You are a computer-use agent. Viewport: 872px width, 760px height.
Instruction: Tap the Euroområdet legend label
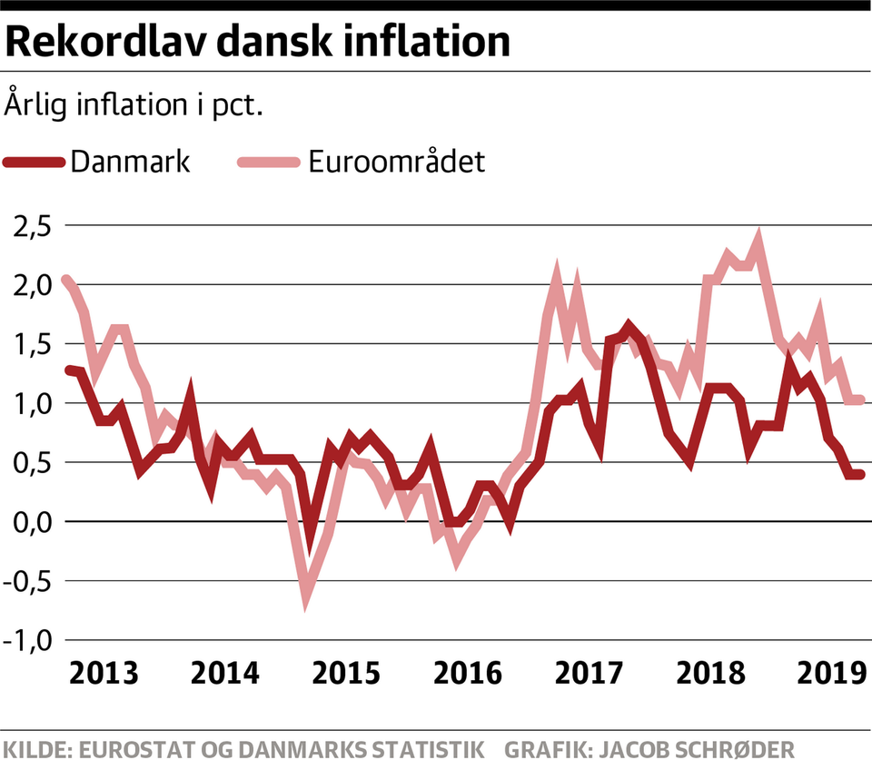click(396, 163)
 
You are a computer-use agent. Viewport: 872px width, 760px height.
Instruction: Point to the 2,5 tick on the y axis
click(34, 226)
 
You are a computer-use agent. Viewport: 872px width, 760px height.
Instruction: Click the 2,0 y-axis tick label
click(34, 285)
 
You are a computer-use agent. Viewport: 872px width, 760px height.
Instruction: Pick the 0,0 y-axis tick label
click(34, 522)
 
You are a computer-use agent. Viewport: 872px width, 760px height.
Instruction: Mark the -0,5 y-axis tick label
click(29, 581)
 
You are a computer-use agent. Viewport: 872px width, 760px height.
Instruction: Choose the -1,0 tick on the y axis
click(29, 640)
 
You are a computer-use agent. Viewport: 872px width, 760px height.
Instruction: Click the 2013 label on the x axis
click(104, 675)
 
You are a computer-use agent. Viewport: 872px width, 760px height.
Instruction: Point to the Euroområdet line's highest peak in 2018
click(758, 238)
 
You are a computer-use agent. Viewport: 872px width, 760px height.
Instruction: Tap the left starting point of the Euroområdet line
click(65, 280)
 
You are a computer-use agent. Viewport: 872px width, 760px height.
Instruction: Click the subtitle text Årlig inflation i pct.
click(134, 103)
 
